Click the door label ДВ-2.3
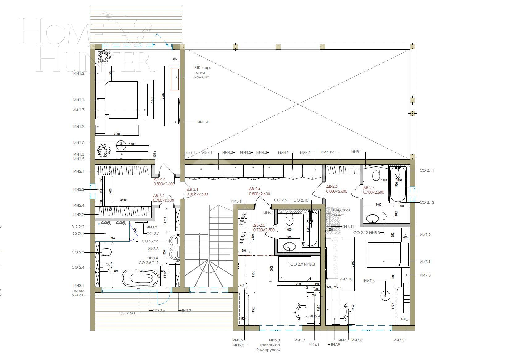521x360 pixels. pos(159,179)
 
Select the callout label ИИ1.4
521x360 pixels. pos(202,122)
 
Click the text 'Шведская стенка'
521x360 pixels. pos(341,213)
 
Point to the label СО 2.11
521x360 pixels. pos(427,170)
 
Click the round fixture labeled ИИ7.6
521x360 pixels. pos(385,295)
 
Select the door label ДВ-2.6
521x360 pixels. pos(332,187)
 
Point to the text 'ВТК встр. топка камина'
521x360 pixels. pos(202,72)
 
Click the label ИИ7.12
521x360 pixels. pos(327,152)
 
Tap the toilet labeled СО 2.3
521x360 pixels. pos(106,252)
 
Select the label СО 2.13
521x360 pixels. pos(427,203)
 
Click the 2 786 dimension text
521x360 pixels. pos(163,96)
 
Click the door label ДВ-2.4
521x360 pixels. pos(255,189)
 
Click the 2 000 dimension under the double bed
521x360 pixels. pos(117,134)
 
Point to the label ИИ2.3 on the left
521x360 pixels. pos(79,190)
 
